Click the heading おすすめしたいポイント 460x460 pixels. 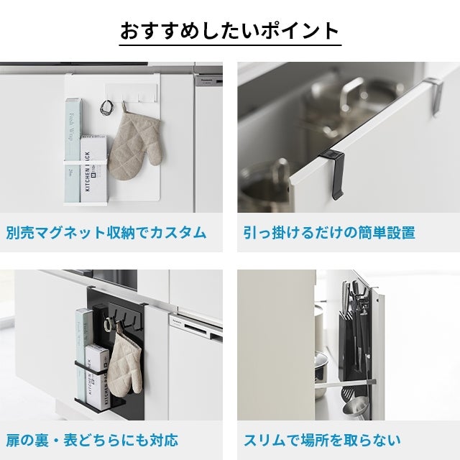point(230,30)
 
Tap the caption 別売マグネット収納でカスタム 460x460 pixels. point(106,233)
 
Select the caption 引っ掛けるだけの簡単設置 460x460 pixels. point(329,233)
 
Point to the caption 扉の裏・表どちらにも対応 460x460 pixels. point(92,441)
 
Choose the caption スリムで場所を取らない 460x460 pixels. point(322,441)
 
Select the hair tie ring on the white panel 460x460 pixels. point(105,107)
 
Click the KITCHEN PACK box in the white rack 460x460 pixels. point(94,169)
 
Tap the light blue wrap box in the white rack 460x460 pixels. point(73,149)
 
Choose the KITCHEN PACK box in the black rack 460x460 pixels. point(97,377)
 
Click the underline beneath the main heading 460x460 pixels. point(230,45)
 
